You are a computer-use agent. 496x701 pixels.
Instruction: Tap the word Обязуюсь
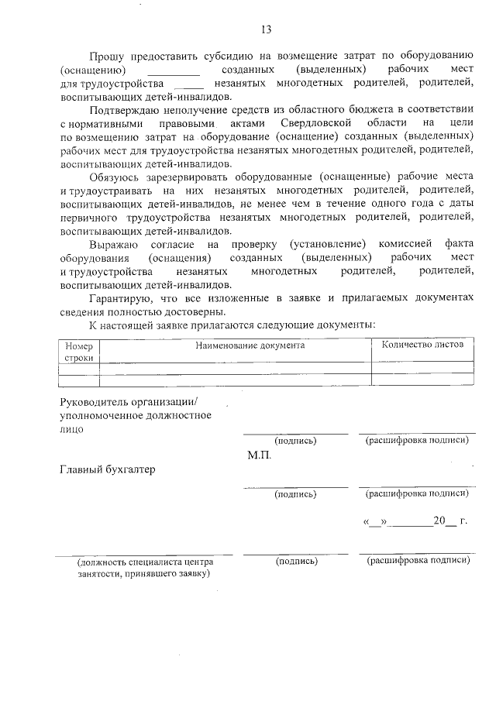[115, 177]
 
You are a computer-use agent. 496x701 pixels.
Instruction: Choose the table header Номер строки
[78, 352]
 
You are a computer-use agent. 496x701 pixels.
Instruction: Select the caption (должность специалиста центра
[143, 561]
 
